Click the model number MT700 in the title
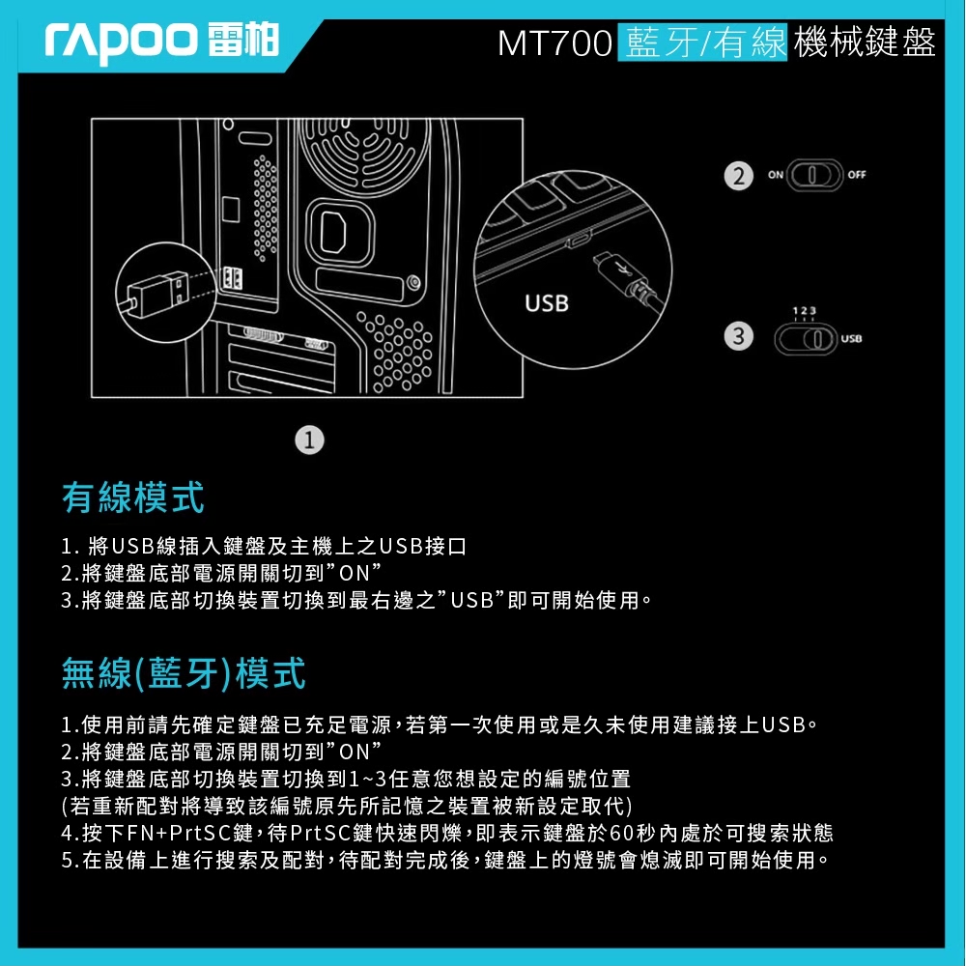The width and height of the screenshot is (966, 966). (554, 43)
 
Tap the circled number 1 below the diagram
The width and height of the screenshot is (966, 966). (309, 440)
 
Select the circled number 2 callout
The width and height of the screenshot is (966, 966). (739, 176)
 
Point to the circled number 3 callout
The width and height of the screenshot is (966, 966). (739, 336)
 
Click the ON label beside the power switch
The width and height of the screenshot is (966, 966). (775, 175)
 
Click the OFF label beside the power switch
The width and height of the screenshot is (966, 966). (856, 175)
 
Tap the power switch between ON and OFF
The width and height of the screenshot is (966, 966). (814, 176)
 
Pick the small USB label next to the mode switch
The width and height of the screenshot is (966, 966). (851, 339)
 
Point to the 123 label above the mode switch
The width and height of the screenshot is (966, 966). (804, 311)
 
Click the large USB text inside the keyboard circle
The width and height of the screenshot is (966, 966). (547, 303)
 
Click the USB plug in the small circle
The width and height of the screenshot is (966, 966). (157, 292)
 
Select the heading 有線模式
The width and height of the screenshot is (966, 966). (132, 497)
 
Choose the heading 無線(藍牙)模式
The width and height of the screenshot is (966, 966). (184, 672)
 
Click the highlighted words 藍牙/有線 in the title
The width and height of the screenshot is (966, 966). (702, 43)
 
